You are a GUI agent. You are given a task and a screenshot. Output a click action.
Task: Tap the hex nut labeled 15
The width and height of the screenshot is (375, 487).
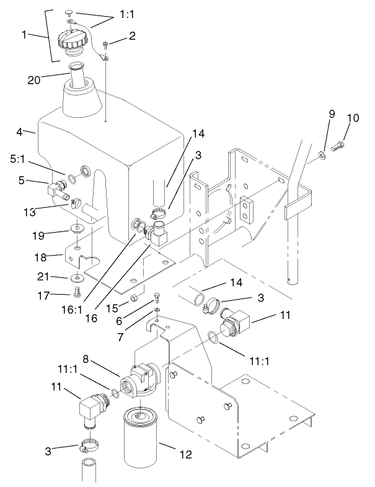[132, 301]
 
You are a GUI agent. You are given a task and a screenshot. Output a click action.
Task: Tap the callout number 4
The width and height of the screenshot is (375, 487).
[20, 131]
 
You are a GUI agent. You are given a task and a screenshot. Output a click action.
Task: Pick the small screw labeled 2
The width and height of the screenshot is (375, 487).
[106, 45]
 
